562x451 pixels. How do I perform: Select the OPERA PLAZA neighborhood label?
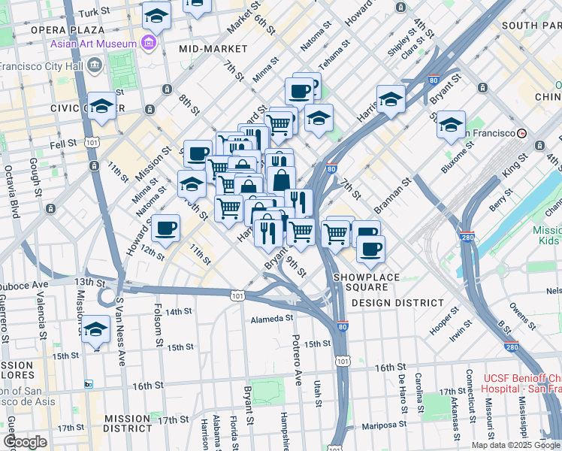(x=67, y=30)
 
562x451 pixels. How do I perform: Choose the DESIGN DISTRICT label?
(x=397, y=303)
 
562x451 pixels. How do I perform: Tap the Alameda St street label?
(x=271, y=319)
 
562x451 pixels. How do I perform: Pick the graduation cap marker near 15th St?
(x=95, y=331)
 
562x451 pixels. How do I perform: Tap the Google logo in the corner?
(x=25, y=442)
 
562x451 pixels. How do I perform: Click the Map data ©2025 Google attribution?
(x=514, y=445)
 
